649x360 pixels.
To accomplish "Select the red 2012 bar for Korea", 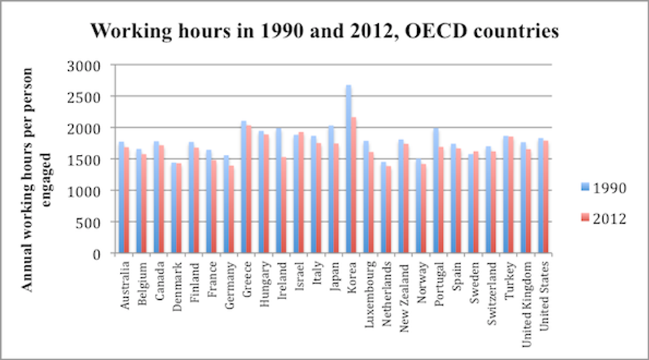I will pyautogui.click(x=354, y=185).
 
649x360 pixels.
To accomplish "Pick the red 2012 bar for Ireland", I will pyautogui.click(x=284, y=205).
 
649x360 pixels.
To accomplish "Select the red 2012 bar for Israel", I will pyautogui.click(x=301, y=193).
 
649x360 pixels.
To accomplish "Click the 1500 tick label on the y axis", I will pyautogui.click(x=84, y=159).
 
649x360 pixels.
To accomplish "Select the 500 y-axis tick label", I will pyautogui.click(x=88, y=222).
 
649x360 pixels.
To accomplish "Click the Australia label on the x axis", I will pyautogui.click(x=125, y=283).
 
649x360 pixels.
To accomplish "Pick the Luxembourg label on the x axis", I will pyautogui.click(x=370, y=290).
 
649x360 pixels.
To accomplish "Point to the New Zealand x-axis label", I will pyautogui.click(x=405, y=291).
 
